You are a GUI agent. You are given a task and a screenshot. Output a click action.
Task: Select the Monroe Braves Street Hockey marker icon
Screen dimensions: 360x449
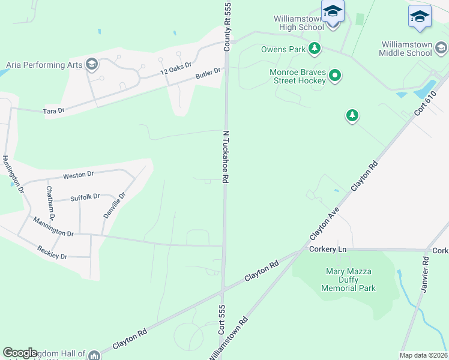[336, 76]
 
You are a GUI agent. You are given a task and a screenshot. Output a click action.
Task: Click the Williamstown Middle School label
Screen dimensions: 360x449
[414, 49]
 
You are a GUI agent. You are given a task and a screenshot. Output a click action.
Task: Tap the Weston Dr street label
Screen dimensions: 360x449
[79, 175]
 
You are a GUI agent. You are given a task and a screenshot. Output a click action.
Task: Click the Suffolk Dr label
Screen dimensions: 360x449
[85, 197]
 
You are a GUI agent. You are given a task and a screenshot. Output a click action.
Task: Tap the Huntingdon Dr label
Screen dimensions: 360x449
[13, 174]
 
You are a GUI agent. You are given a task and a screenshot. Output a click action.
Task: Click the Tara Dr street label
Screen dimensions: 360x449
[53, 111]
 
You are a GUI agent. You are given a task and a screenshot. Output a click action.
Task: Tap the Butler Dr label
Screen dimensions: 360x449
[208, 74]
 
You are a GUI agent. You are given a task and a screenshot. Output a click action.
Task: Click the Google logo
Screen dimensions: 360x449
[20, 353]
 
